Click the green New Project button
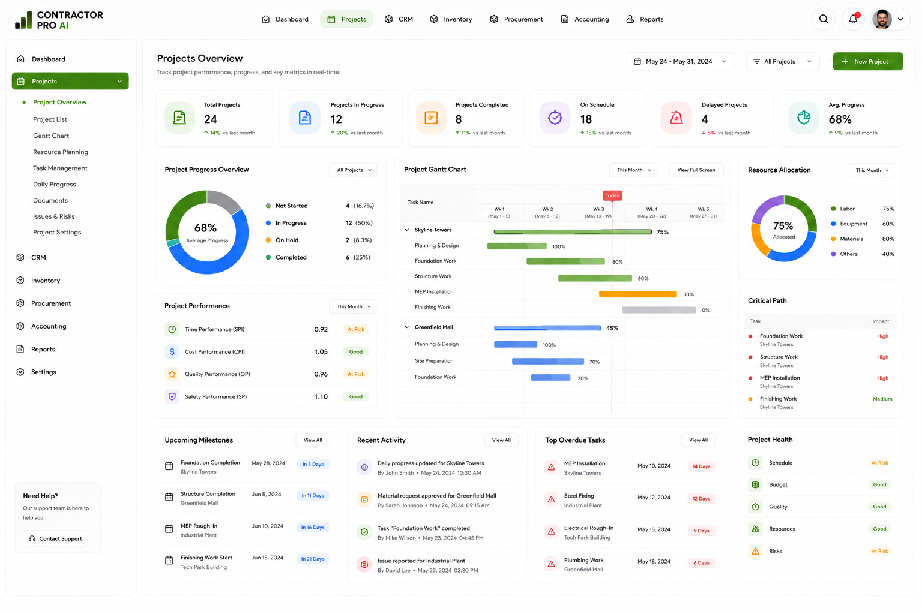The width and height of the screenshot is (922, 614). point(867,61)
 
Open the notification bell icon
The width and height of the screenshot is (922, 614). point(853,19)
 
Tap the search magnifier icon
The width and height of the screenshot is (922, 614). point(823,19)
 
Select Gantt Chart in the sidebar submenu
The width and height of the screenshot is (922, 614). point(51,136)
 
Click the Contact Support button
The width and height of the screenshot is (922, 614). point(56,538)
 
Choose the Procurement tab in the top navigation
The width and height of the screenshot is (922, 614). point(516,19)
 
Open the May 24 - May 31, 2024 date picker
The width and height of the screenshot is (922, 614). point(680,61)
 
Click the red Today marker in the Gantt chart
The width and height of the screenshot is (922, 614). point(612,195)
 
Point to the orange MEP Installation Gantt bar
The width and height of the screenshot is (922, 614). point(637,294)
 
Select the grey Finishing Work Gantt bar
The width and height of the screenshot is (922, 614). point(658,309)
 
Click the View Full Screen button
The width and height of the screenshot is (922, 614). point(696,170)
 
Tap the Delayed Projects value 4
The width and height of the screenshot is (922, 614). point(705,119)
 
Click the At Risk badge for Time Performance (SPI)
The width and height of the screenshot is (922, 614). point(355,329)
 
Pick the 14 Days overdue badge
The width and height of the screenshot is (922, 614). point(701,466)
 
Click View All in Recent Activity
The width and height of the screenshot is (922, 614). point(501,440)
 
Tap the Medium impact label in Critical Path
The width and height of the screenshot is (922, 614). point(882,399)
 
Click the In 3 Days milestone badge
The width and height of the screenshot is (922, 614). point(313,464)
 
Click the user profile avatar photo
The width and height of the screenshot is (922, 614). point(882,19)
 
